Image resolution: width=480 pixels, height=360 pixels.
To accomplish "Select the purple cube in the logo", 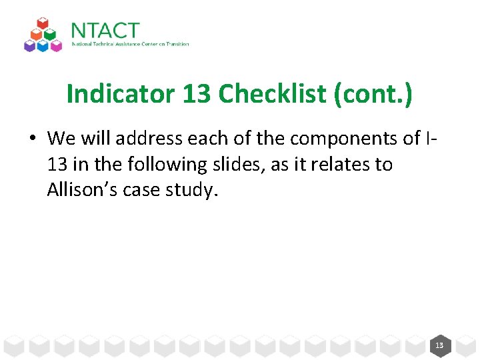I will [x=29, y=45].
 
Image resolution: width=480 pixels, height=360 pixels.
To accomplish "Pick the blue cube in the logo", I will [x=43, y=45].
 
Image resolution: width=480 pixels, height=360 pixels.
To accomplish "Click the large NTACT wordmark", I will [x=105, y=31].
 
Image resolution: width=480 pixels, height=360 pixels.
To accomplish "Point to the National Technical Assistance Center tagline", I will [x=130, y=44].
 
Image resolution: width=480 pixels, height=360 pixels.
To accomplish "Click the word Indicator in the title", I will [x=121, y=95].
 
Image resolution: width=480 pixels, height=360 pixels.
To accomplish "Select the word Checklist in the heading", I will [x=273, y=95].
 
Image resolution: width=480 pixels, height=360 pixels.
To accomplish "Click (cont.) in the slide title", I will [x=374, y=95].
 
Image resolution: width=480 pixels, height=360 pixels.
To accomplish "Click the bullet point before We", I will [x=31, y=139].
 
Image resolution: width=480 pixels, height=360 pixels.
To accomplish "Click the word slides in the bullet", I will [x=235, y=164].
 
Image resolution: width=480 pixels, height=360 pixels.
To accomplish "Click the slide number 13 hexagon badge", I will [x=439, y=345].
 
